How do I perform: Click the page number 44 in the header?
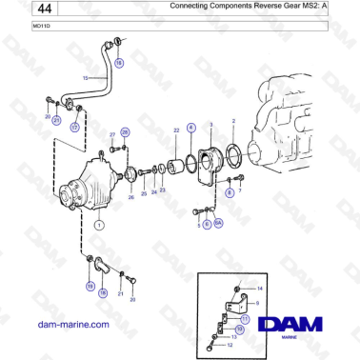[x=18, y=9]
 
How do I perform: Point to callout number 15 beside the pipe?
[x=84, y=78]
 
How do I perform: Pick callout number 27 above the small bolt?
[x=111, y=135]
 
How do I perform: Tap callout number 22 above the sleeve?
[x=175, y=129]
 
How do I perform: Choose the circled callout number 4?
[x=190, y=127]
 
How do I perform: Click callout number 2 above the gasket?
[x=234, y=122]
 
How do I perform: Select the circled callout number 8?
[x=229, y=191]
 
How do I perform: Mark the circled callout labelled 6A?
[x=218, y=223]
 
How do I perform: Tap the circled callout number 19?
[x=90, y=285]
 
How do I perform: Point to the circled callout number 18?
[x=103, y=294]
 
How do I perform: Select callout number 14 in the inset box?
[x=261, y=287]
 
